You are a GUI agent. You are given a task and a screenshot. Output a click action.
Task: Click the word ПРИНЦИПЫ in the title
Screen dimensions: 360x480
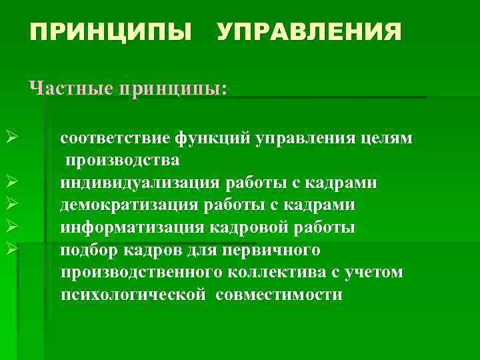tap(109, 32)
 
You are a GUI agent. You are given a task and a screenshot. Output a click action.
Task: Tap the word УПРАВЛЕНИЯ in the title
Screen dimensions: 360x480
tap(309, 32)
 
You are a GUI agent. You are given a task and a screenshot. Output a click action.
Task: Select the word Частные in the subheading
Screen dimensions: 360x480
tap(69, 88)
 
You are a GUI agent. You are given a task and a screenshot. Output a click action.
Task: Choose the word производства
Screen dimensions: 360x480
tap(122, 161)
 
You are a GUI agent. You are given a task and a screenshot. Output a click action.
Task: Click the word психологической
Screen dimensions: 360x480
tap(133, 295)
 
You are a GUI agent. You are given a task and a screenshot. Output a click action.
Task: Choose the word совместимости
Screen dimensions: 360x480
tap(279, 295)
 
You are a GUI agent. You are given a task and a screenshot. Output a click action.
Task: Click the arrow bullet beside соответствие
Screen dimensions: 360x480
tap(9, 139)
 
